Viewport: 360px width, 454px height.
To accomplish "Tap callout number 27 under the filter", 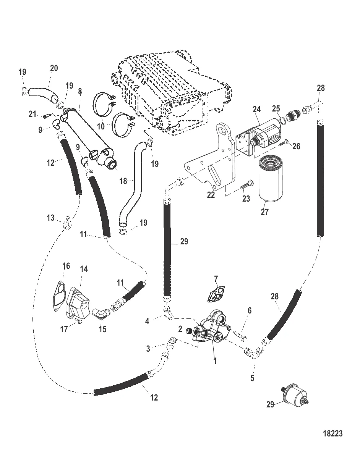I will click(x=265, y=212).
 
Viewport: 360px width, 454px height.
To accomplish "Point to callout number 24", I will click(x=256, y=109).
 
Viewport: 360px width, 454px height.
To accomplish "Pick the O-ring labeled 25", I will click(x=282, y=121).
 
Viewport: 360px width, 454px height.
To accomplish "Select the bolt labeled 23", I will click(x=245, y=187).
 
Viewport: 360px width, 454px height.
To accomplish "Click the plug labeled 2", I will click(x=188, y=331).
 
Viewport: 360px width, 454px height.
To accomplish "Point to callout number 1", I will click(x=215, y=360).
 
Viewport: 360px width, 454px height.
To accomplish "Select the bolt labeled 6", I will click(x=241, y=336).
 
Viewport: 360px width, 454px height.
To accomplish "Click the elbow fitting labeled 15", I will click(x=101, y=314).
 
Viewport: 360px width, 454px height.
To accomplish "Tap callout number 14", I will click(x=84, y=269).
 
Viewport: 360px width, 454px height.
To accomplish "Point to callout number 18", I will click(x=123, y=181).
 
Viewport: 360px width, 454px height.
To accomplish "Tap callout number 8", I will click(x=79, y=92).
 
